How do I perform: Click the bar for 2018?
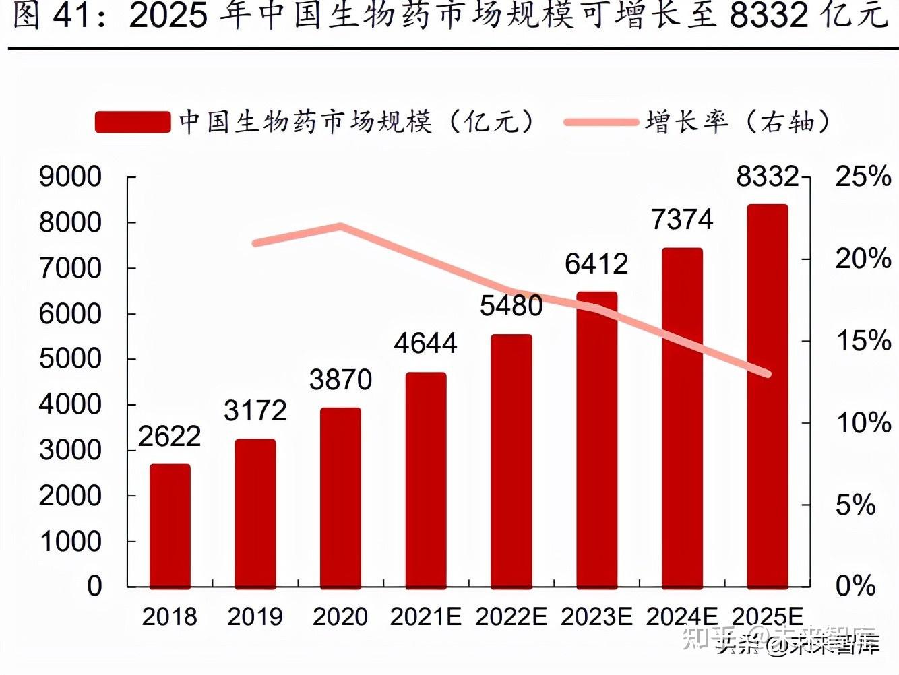point(170,525)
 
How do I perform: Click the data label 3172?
point(255,410)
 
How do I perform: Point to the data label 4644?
point(426,344)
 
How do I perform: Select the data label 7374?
point(682,220)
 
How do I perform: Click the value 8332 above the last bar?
point(768,176)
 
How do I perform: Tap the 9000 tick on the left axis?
point(70,177)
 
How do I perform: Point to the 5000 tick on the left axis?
point(70,359)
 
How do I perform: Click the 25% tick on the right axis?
point(863,177)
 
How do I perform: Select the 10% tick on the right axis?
point(863,423)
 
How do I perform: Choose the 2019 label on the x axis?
point(255,616)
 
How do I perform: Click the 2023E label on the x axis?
point(596,616)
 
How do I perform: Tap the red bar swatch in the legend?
point(133,122)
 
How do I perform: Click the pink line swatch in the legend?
point(600,122)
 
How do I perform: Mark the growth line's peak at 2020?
point(341,226)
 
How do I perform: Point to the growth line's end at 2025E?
point(767,374)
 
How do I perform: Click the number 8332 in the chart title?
point(769,15)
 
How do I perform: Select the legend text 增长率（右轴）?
point(737,122)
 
